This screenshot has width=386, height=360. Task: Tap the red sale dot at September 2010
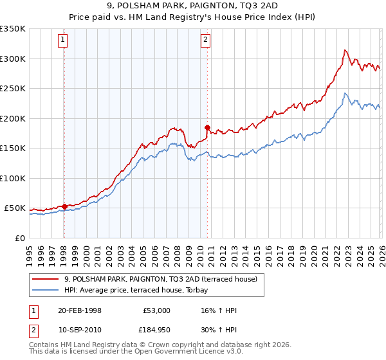pos(207,127)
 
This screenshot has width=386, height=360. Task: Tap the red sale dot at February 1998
pos(64,206)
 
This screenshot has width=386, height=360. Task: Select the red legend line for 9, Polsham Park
pos(46,279)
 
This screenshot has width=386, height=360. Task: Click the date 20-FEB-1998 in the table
pos(80,310)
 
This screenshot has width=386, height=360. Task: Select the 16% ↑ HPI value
pos(219,310)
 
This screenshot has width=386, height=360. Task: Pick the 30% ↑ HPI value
pos(219,329)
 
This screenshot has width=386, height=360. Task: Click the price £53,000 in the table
pos(156,310)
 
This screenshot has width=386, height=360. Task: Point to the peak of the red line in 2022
pos(345,50)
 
